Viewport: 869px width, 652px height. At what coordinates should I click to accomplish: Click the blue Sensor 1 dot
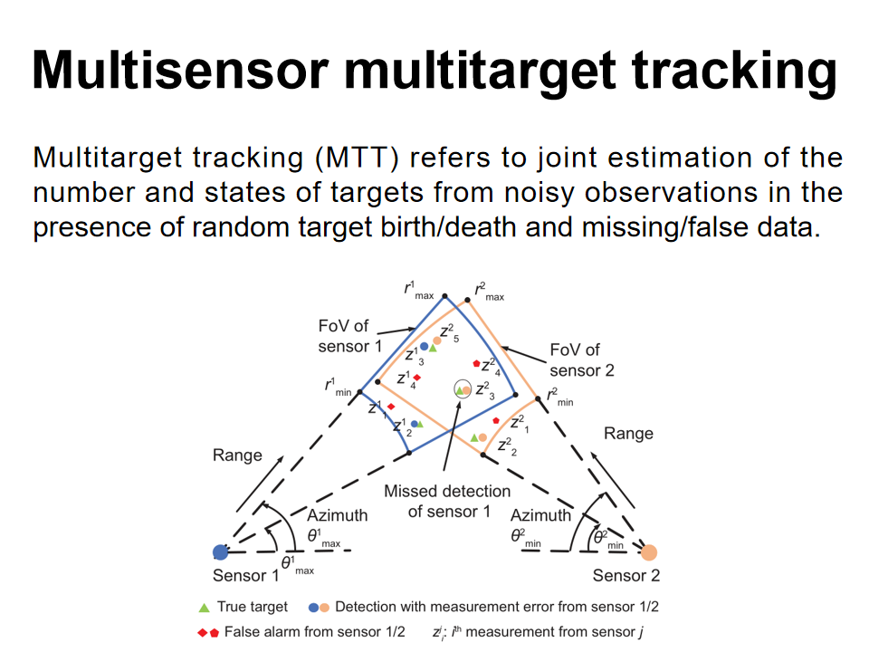[220, 551]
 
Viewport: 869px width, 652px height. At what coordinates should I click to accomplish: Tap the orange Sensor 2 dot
[649, 551]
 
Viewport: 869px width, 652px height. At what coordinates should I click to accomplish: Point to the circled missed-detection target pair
[463, 390]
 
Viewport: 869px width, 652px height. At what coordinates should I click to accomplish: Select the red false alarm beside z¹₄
[417, 377]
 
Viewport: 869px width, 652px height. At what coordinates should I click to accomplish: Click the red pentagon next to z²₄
[476, 363]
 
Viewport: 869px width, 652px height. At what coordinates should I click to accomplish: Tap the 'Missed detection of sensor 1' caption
[447, 501]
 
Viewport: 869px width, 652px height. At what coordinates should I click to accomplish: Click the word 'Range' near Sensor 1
[237, 455]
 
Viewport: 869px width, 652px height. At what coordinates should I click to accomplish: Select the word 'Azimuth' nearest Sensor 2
[541, 514]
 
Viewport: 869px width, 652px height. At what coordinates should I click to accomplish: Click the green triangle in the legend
[204, 607]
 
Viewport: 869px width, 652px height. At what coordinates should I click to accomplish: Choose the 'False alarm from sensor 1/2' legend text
[314, 631]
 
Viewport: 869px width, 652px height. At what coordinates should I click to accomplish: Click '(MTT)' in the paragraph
[358, 158]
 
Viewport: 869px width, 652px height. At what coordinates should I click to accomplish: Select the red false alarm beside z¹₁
[390, 407]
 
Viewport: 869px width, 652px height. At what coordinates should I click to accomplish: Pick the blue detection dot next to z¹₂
[414, 423]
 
